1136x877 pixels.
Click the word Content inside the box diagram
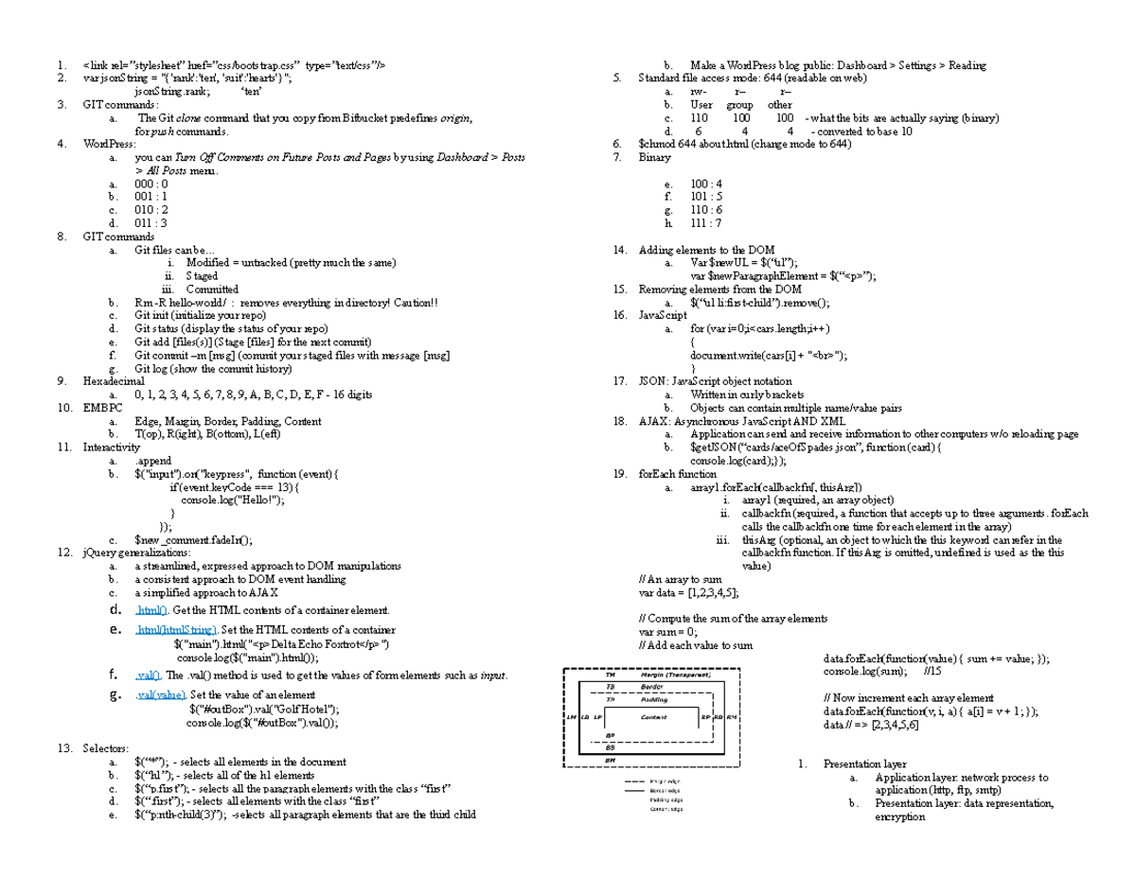point(653,717)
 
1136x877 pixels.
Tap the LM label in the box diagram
point(570,717)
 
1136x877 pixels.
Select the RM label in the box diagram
point(732,717)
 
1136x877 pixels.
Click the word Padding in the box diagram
point(653,701)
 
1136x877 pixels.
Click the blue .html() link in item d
point(151,610)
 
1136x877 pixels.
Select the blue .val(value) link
point(160,695)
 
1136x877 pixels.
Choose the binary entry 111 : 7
point(705,223)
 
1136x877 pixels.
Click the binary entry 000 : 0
point(151,184)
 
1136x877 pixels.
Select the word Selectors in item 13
point(106,748)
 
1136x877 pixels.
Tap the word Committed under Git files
point(212,289)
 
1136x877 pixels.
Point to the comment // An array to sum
point(681,578)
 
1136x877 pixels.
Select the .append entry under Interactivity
point(153,461)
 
